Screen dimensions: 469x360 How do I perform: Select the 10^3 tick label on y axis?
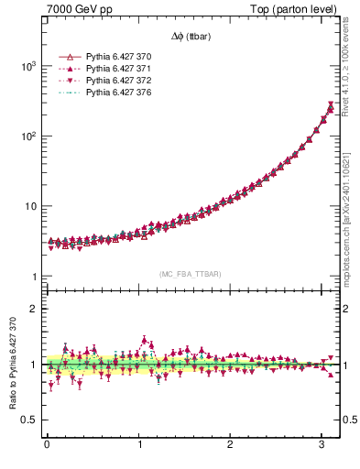click(29, 67)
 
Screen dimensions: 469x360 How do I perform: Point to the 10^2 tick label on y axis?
click(29, 136)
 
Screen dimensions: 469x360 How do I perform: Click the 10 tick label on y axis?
click(32, 206)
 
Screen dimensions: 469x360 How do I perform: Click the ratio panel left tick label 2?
click(35, 309)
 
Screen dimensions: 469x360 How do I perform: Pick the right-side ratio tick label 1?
click(348, 365)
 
